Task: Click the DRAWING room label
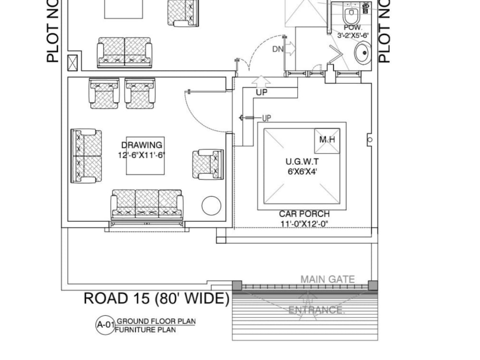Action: click(x=142, y=145)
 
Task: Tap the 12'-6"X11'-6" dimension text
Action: click(x=142, y=155)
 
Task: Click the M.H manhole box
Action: click(x=327, y=140)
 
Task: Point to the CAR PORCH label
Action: click(x=304, y=214)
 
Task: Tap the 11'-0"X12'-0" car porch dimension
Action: click(x=304, y=224)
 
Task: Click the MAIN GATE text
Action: click(x=327, y=279)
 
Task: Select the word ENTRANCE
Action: click(x=316, y=310)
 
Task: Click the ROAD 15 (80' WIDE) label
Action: click(x=156, y=299)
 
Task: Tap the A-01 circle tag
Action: click(x=105, y=325)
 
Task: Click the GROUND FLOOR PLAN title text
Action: click(x=156, y=321)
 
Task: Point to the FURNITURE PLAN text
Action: click(x=145, y=330)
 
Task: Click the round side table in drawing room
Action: click(x=211, y=205)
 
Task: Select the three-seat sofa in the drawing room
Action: click(x=147, y=204)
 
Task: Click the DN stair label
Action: click(x=277, y=48)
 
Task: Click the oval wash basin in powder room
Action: click(x=362, y=53)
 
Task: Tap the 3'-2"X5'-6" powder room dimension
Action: click(x=353, y=35)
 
